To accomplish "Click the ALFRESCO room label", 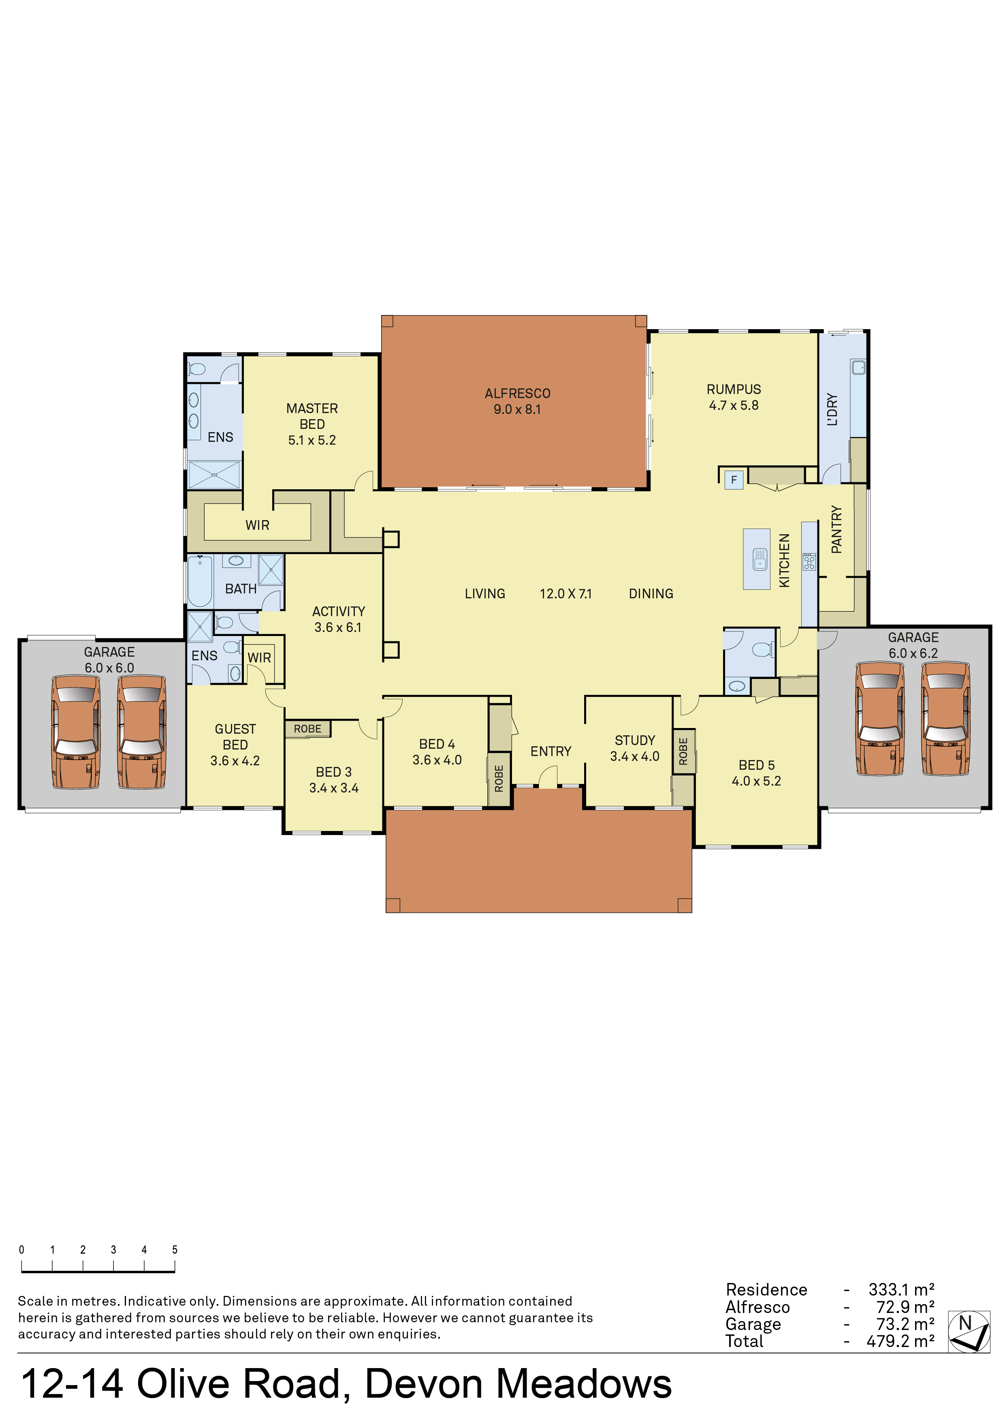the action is (x=517, y=393).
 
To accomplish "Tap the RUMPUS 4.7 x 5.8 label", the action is (x=734, y=397).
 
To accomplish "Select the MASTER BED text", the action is (x=312, y=416).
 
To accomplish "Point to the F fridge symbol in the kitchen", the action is (x=734, y=480).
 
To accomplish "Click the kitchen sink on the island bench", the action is (x=760, y=559).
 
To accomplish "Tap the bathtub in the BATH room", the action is (x=200, y=581).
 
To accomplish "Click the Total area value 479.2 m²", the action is (x=900, y=1341).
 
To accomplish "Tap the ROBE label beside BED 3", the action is (x=307, y=729).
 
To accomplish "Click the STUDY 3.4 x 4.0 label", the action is (x=635, y=748).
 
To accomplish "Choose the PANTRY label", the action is (x=836, y=529).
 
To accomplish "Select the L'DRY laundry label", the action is (x=832, y=409).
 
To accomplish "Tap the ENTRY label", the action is (x=551, y=751).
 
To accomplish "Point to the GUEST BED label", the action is (x=235, y=737).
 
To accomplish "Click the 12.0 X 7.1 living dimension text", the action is (x=565, y=593).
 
